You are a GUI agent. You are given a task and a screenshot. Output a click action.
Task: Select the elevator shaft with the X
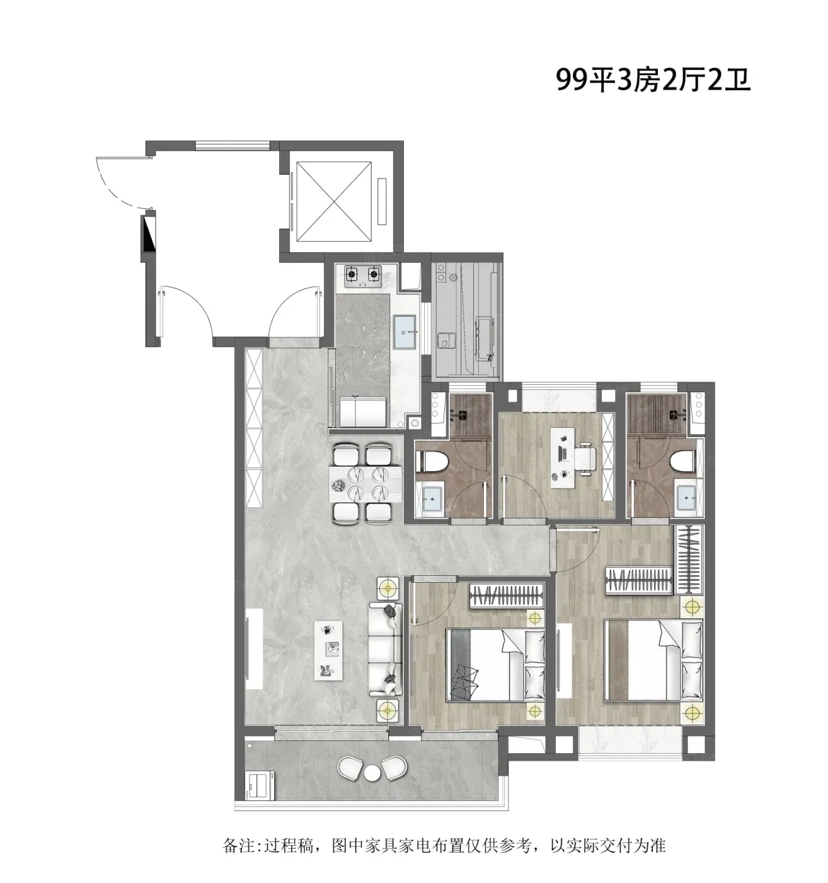tap(333, 201)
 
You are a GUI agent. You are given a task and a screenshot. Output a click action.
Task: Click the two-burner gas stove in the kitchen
tap(364, 274)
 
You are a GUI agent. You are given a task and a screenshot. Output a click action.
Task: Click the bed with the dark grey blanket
tap(495, 665)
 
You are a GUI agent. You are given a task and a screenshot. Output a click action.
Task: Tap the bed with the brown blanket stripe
tap(653, 660)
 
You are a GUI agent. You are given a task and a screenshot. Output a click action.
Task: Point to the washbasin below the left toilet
tap(431, 500)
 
